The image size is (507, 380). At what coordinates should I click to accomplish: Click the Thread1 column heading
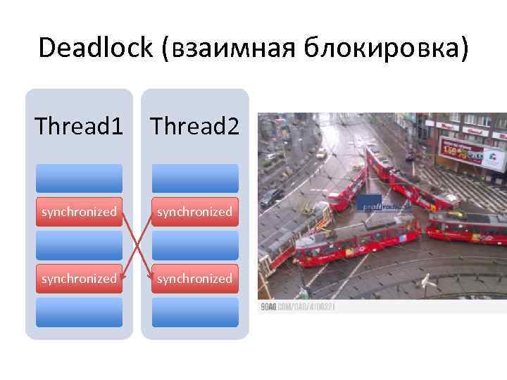coord(79,127)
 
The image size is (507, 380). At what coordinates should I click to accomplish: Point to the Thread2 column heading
coord(195,127)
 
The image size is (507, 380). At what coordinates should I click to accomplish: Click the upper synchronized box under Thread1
coord(79,212)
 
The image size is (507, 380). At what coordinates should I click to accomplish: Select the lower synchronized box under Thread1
coord(79,279)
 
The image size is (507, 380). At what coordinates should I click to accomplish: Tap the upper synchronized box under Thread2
coord(195,212)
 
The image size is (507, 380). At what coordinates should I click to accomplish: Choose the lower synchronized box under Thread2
coord(195,279)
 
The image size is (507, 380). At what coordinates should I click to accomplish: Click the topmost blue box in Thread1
coord(79,178)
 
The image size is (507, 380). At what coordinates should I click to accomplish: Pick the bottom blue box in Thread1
coord(79,312)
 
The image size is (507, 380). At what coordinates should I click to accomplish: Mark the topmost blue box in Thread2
coord(195,178)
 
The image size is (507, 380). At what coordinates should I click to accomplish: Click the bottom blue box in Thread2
coord(195,312)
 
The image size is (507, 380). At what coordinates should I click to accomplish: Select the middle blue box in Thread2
coord(195,245)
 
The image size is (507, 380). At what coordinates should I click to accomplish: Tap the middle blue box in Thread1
coord(79,245)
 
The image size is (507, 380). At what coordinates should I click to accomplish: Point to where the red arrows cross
coord(137,245)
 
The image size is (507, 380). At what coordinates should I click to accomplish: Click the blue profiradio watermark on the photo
coord(378,205)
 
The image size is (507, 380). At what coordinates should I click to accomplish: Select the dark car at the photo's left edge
coord(272,197)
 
